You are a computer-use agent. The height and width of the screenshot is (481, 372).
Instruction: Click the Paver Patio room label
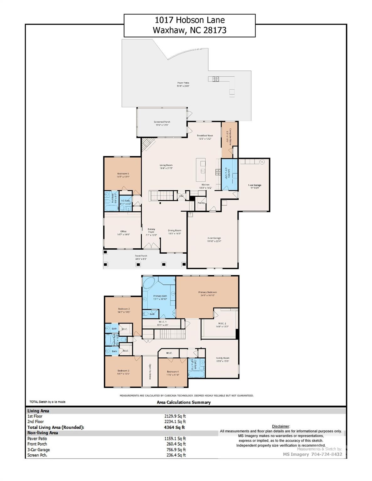183,83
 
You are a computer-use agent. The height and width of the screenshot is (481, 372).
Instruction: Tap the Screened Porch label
162,122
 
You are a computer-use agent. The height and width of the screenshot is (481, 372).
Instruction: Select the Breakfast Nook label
205,136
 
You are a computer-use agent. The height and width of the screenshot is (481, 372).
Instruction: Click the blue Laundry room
229,174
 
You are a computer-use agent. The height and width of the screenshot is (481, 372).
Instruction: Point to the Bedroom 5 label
123,174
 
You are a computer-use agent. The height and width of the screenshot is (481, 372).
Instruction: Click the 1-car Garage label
254,185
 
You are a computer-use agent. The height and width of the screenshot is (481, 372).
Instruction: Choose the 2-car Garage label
214,238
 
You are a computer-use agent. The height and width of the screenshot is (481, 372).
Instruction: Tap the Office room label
123,231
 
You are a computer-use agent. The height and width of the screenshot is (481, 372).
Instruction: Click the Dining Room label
175,230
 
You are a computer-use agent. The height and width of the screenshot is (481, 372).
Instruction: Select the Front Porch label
141,256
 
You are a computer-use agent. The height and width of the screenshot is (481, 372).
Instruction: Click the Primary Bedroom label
207,292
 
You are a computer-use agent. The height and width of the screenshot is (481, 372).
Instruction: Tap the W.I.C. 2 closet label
222,323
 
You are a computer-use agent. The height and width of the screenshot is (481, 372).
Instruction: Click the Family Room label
223,358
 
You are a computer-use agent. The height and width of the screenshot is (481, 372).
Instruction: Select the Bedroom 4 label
173,372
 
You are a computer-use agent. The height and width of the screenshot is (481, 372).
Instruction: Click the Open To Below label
150,372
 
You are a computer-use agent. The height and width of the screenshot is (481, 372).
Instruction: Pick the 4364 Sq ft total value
174,427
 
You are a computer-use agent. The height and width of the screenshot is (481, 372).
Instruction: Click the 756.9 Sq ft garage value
176,450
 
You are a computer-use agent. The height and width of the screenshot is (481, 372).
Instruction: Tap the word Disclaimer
281,426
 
